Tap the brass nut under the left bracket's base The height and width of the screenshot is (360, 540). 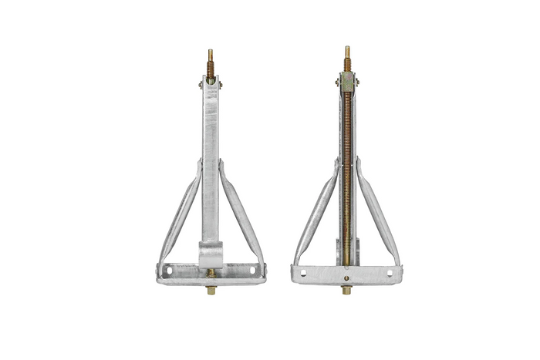pos(211,290)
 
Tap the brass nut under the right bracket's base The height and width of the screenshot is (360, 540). pos(347,290)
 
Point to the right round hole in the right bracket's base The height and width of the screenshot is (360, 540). pos(389,273)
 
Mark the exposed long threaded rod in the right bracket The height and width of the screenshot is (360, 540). pos(347,170)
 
